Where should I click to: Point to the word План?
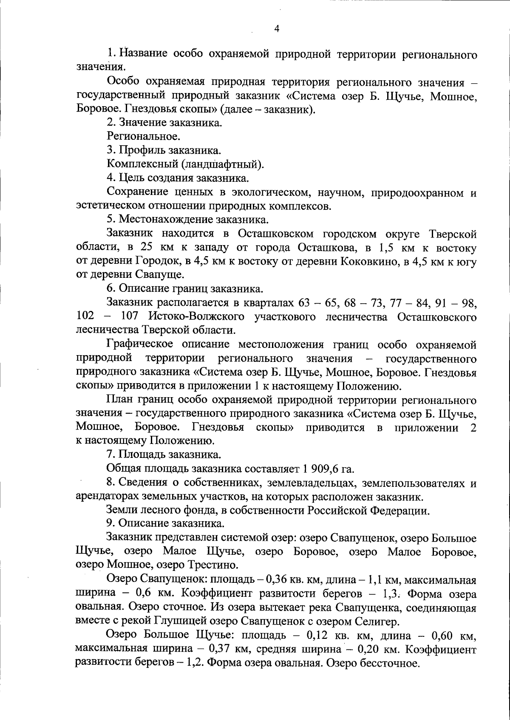coord(121,400)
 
